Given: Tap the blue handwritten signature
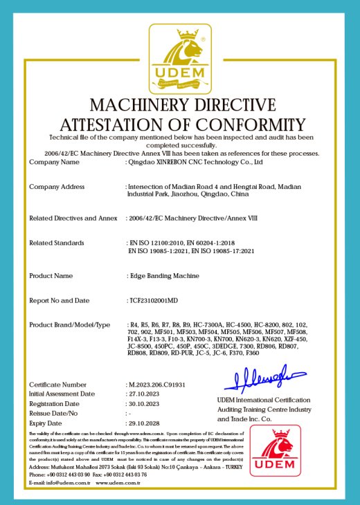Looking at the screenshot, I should pyautogui.click(x=259, y=380).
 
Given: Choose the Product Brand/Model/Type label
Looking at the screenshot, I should pyautogui.click(x=69, y=325).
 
